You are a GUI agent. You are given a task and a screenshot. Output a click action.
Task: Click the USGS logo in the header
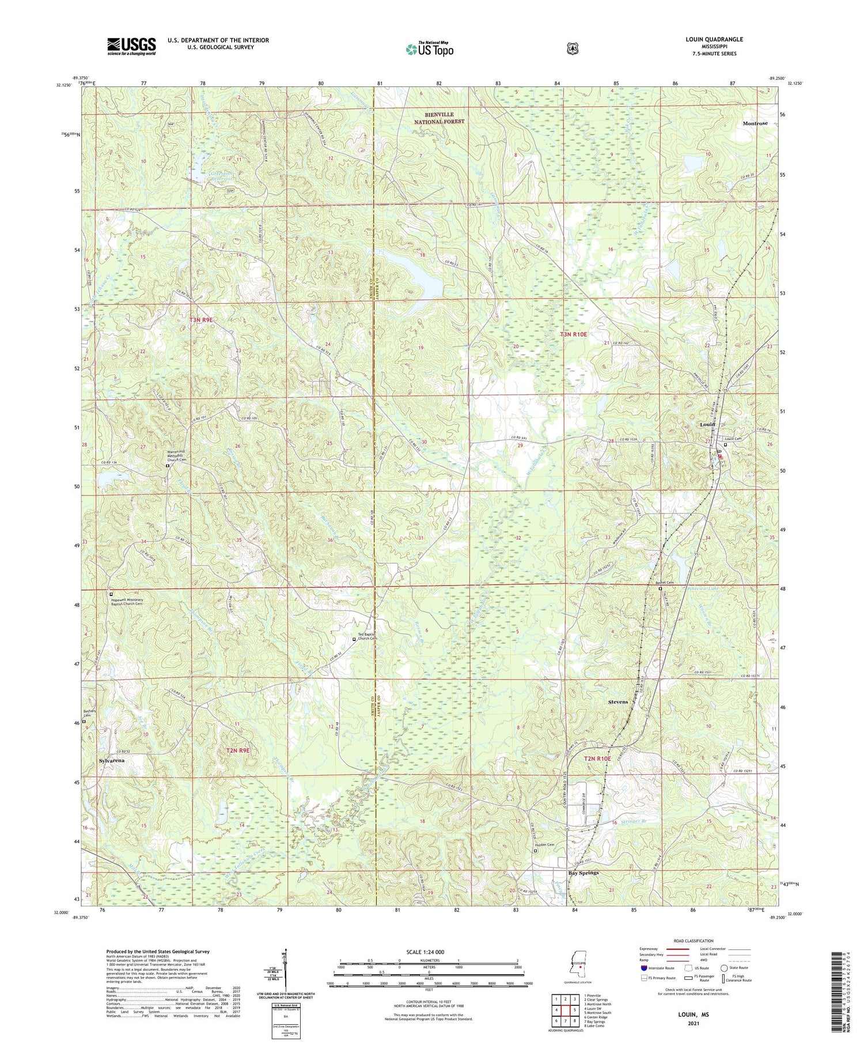[x=131, y=46]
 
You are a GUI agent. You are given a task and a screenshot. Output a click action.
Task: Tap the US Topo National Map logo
[x=430, y=49]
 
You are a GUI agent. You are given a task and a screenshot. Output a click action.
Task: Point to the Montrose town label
[x=755, y=123]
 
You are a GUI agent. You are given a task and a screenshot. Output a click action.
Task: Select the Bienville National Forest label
[x=439, y=118]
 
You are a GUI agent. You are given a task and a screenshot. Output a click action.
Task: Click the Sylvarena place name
[x=112, y=760]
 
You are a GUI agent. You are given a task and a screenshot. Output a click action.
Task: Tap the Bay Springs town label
[x=583, y=873]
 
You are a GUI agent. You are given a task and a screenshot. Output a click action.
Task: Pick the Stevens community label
[x=618, y=702]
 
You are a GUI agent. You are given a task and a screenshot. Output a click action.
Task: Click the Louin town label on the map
[x=707, y=424]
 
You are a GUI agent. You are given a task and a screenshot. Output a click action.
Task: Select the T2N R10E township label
[x=597, y=759]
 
